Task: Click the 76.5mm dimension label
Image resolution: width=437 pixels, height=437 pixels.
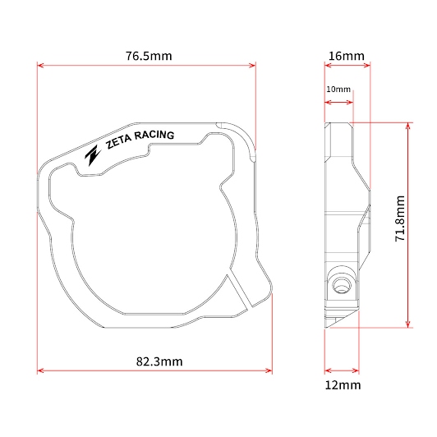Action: coord(149,56)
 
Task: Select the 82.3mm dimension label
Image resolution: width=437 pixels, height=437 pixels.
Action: coord(159,361)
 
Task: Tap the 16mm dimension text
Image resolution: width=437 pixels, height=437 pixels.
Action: coord(347,57)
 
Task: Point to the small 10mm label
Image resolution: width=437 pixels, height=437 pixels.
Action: coord(338,90)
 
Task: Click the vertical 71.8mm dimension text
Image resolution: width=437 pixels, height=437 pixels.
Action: coord(400,218)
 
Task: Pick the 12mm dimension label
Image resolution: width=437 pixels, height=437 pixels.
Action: coord(343,385)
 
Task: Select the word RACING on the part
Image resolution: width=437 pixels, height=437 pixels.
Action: coord(154,136)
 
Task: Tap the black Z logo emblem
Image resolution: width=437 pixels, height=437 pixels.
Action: coord(93,155)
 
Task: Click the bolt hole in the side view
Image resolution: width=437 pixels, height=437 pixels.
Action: coord(342,285)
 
